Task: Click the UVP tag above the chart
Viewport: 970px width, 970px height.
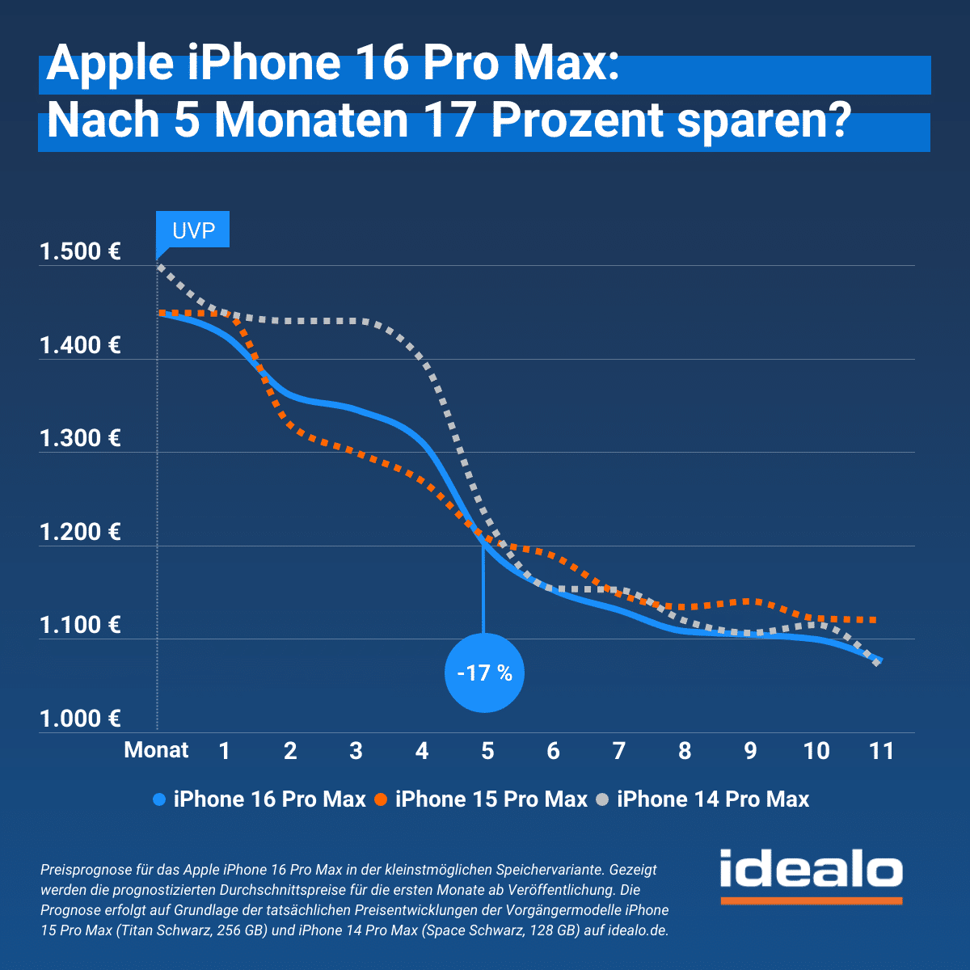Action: click(x=193, y=231)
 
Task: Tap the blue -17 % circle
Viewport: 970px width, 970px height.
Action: click(x=484, y=673)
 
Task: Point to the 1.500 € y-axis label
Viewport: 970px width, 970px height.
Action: click(x=80, y=252)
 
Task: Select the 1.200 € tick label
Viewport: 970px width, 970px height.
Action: click(x=80, y=532)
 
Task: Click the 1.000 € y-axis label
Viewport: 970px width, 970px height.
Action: click(x=80, y=719)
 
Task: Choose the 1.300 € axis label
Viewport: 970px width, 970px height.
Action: click(x=80, y=439)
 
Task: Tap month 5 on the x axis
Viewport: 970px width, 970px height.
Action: click(x=487, y=751)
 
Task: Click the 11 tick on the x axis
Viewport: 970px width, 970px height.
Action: click(x=881, y=751)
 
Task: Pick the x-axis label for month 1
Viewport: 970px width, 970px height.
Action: click(x=225, y=751)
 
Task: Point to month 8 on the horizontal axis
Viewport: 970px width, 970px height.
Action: click(x=685, y=751)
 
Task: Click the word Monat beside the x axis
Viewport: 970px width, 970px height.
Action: click(x=156, y=750)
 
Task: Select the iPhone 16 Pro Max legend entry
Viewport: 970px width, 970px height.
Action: click(x=259, y=799)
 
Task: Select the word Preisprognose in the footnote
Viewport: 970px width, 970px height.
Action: click(x=85, y=870)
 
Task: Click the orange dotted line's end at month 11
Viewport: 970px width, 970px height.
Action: click(x=875, y=620)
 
